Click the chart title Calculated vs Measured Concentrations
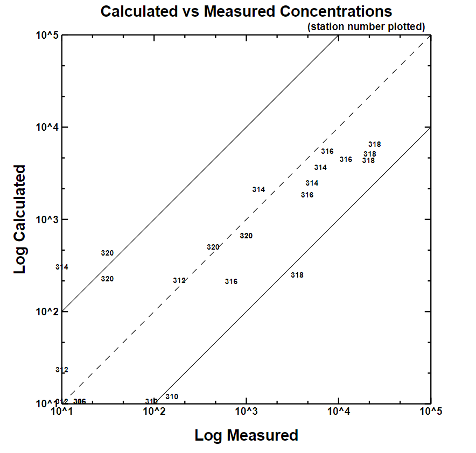(246, 11)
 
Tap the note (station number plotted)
(366, 26)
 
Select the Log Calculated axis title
(20, 220)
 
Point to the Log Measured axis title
(246, 435)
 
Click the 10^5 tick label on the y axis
(47, 36)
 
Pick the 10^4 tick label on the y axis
(47, 128)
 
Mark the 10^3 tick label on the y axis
(47, 220)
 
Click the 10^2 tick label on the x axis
(154, 412)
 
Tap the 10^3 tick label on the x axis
(246, 412)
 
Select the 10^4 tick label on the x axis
(338, 412)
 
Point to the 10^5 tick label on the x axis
(430, 412)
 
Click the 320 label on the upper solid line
(107, 253)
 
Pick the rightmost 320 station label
(246, 236)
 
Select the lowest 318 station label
(297, 275)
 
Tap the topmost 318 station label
(375, 144)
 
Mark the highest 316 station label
(327, 151)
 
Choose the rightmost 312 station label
(179, 280)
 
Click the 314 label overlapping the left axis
(62, 267)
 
